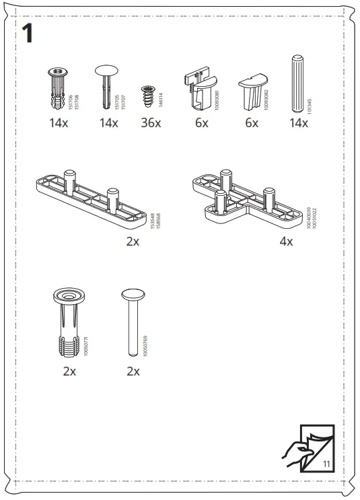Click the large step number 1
pos(28,33)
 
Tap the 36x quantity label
pos(151,123)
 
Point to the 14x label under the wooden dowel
pos(297,123)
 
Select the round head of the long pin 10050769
pos(133,295)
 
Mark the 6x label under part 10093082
pos(251,123)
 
